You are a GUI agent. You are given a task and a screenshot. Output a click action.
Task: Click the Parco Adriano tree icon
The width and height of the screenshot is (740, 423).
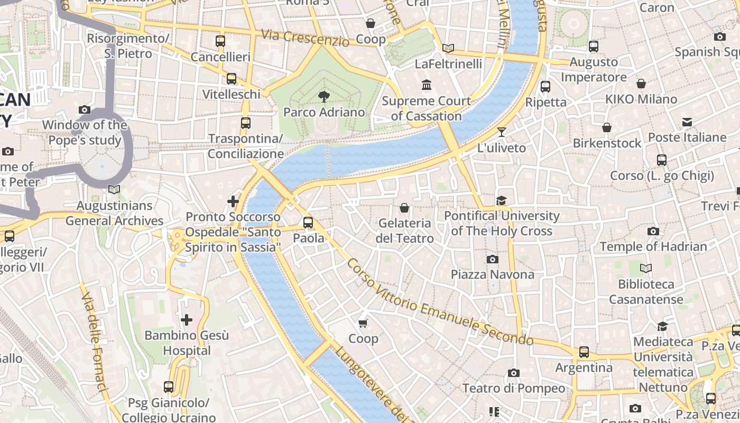323,96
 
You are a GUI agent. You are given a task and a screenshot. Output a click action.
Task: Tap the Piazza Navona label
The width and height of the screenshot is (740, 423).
492,274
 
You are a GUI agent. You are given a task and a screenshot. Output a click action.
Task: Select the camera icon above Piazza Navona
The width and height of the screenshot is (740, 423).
492,259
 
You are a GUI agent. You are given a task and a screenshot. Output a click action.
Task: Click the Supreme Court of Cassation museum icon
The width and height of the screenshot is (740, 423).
426,85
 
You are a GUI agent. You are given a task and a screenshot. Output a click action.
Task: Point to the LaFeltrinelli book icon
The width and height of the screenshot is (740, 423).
448,48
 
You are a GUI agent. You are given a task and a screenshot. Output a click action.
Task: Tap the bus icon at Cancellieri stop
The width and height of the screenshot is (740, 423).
220,41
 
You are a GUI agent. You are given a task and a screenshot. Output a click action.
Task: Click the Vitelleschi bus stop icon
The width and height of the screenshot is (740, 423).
232,79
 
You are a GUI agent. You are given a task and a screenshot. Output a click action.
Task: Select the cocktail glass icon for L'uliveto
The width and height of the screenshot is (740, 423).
501,132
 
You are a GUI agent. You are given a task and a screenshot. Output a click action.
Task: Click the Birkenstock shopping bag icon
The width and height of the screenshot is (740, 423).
607,127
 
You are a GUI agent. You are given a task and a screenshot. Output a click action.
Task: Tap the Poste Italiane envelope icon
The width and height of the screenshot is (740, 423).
687,122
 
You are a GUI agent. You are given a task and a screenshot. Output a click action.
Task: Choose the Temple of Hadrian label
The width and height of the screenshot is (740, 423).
653,246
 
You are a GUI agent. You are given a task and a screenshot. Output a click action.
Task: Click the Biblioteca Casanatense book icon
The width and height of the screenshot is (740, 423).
645,268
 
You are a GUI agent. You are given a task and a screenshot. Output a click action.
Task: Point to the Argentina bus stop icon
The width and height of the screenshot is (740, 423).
584,352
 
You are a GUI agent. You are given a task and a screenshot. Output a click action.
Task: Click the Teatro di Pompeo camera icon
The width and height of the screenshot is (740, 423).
513,373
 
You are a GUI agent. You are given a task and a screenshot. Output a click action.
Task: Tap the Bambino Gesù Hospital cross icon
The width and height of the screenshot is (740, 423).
186,319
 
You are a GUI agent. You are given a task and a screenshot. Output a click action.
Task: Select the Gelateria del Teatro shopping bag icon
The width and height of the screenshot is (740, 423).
404,208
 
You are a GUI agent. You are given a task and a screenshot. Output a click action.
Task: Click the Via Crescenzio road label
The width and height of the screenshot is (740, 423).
306,38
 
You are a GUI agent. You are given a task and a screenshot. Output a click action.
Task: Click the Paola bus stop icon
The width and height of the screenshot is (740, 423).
308,223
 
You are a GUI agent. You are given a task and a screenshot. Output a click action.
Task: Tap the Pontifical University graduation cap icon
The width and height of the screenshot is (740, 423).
501,200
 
